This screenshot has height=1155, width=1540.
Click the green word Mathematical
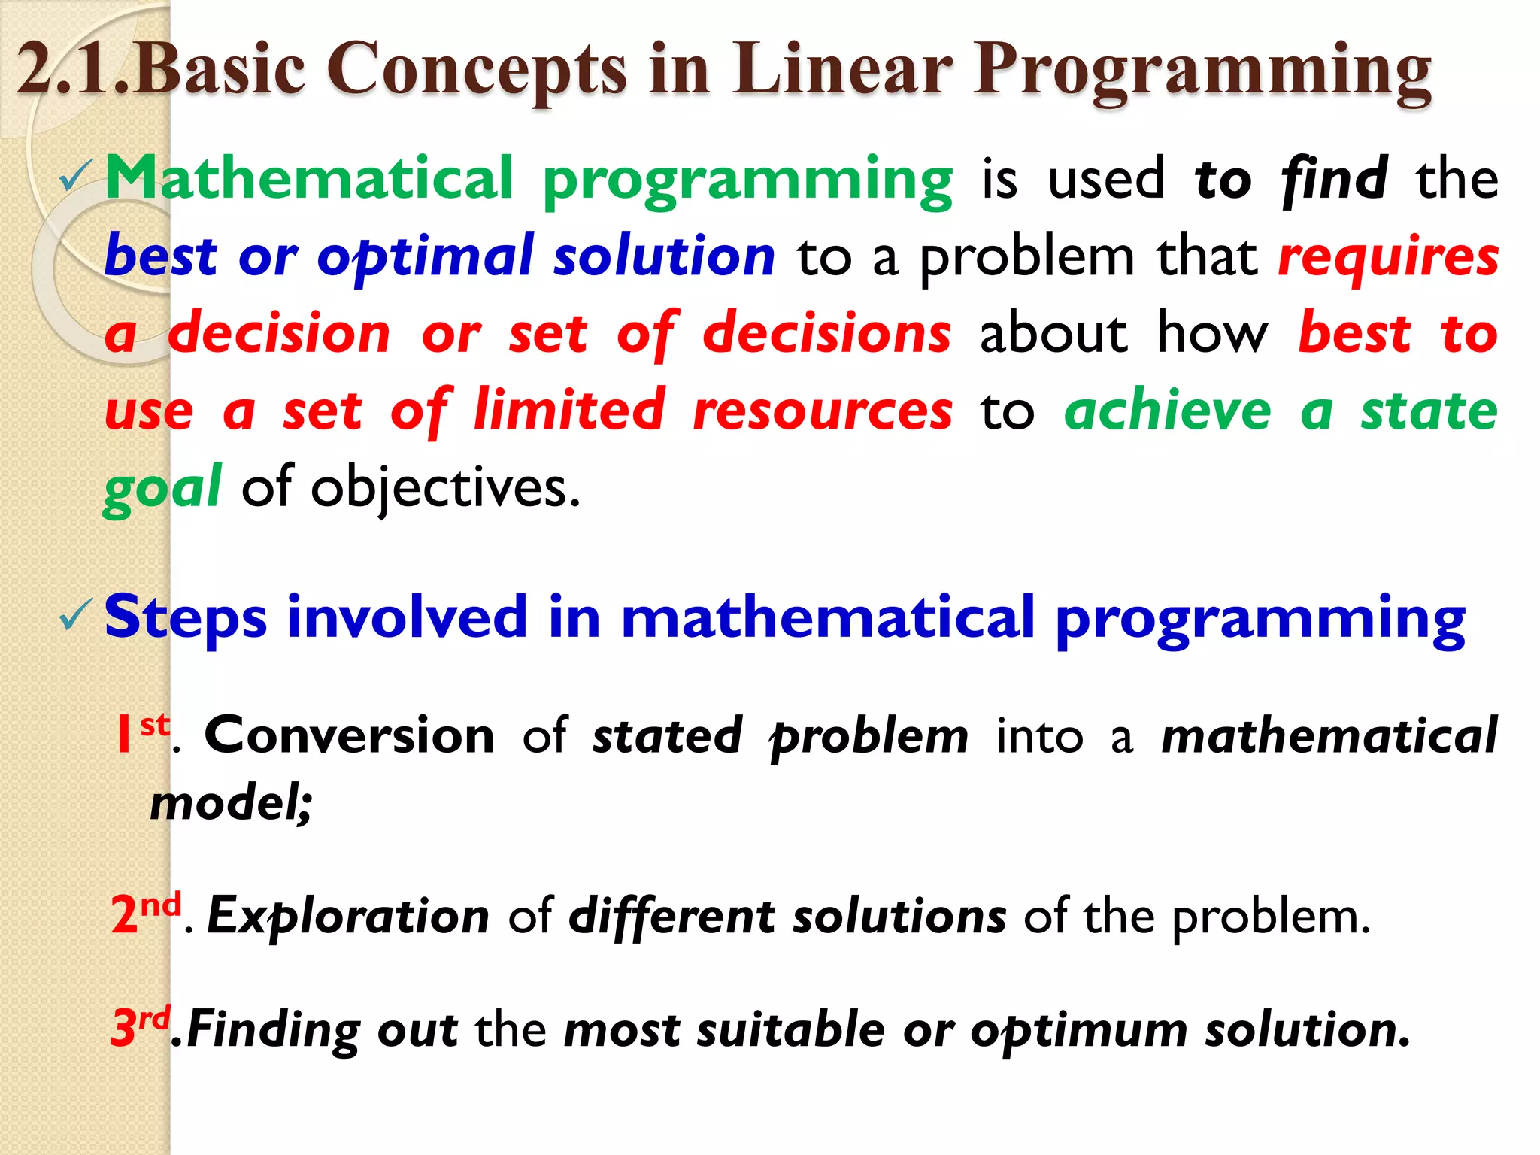[308, 178]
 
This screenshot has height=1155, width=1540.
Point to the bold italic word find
[1334, 179]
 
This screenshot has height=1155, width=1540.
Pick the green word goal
[162, 489]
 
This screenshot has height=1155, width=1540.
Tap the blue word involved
[406, 617]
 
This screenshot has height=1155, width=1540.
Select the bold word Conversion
[349, 735]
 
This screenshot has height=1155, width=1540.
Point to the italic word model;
[230, 803]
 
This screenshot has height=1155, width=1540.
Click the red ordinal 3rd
[140, 1027]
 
